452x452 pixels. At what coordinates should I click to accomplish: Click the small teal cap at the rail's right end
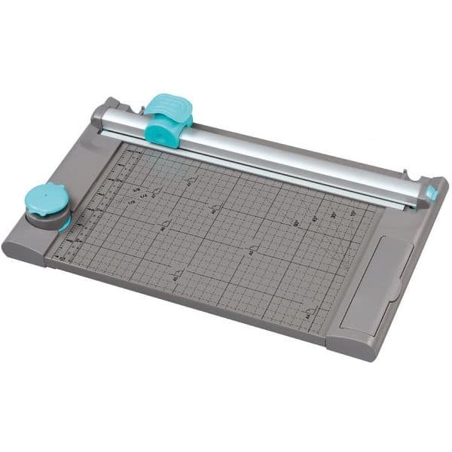pyautogui.click(x=432, y=194)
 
